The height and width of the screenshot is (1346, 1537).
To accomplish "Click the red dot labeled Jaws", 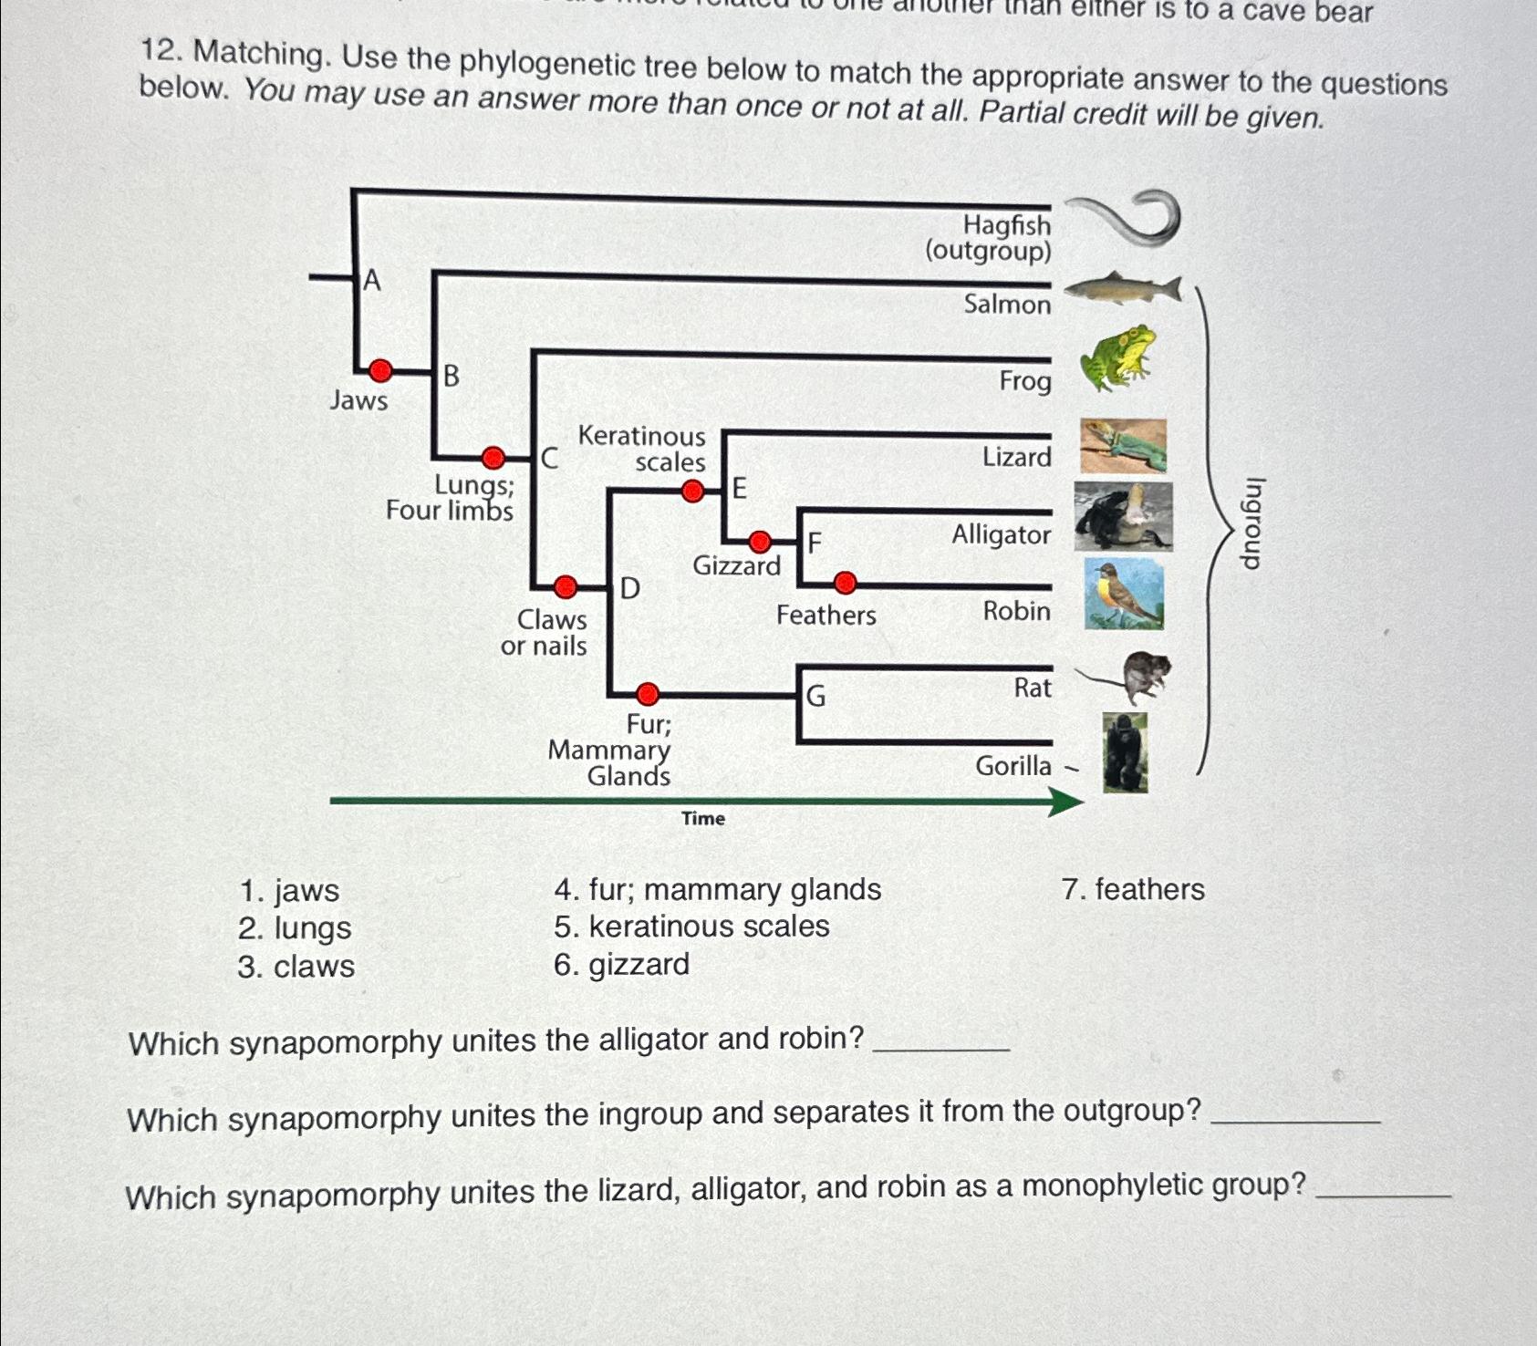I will pos(380,370).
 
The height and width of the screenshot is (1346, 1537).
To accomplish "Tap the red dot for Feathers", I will pos(846,582).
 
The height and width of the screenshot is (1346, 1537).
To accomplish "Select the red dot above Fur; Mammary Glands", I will pos(647,695).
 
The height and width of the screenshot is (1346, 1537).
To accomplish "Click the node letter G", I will pos(815,697).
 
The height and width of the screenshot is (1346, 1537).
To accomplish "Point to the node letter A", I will pos(371,281).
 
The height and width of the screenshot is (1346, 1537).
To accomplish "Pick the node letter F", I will pos(815,544).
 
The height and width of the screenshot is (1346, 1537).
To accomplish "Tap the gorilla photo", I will pos(1125,753).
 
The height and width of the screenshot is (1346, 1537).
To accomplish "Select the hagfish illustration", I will pos(1125,219).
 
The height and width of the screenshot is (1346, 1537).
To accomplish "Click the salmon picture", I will pos(1123,289).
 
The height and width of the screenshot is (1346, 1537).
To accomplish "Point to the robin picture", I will pos(1124,595).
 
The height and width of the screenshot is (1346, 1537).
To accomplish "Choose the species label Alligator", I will pos(1001,534).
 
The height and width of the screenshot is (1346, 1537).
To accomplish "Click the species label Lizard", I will pos(1016,457).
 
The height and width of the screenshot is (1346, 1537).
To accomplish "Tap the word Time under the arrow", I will pos(702,819).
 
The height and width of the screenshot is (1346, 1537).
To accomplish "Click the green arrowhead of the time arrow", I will pos(1064,802).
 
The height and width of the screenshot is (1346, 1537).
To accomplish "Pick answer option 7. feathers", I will pos(1132,889).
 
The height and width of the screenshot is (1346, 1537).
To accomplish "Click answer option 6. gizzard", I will pos(621,965).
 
